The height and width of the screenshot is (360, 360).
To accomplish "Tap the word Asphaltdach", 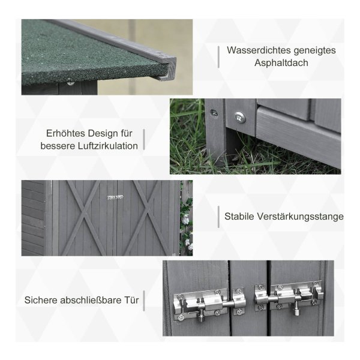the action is point(281,63).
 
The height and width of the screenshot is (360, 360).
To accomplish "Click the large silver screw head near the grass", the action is point(240,118).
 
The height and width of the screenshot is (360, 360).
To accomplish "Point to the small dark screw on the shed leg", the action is point(214,113).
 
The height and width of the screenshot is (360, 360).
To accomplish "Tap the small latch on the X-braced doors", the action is point(115,197).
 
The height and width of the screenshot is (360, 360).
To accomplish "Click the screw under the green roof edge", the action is point(70,82).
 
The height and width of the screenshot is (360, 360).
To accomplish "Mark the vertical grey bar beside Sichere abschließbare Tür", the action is point(144,301).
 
